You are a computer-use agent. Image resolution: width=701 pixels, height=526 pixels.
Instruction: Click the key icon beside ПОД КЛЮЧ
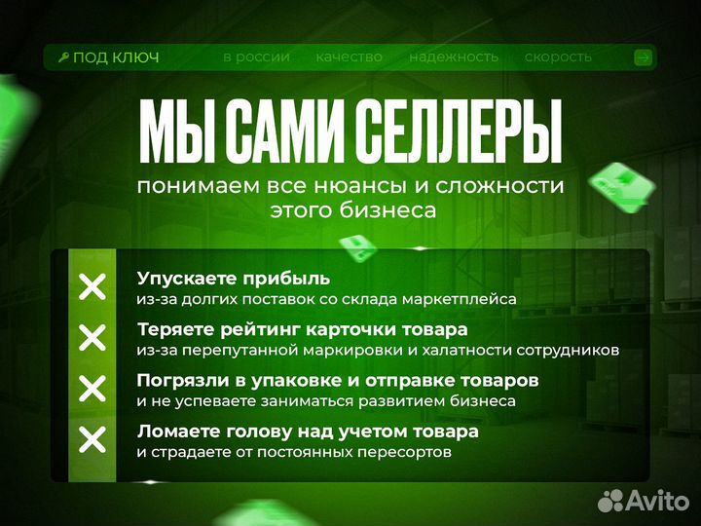63,57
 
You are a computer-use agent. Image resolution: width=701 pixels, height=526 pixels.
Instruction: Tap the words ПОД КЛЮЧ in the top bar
116,57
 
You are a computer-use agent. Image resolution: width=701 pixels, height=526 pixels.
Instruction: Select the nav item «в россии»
256,56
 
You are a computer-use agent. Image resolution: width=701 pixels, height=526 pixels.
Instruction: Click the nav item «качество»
349,56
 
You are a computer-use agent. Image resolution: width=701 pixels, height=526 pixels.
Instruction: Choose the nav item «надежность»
454,56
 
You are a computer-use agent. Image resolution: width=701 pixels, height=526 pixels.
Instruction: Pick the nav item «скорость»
558,56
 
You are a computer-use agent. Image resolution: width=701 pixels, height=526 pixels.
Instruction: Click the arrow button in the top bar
642,57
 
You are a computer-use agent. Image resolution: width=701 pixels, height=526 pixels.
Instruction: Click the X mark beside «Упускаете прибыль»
92,287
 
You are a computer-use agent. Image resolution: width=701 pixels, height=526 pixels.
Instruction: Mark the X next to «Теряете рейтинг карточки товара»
92,338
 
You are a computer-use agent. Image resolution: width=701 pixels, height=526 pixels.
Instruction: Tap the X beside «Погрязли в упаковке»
92,390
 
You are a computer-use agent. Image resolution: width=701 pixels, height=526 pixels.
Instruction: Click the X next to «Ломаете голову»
92,440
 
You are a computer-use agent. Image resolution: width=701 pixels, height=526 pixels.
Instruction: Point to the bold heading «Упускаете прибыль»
234,279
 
